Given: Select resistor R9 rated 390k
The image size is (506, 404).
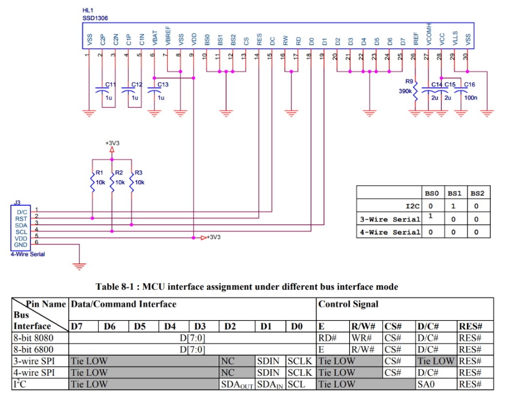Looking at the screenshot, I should (x=415, y=91).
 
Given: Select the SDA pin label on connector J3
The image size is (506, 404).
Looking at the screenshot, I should (x=21, y=224).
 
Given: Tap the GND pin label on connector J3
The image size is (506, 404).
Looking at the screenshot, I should (x=21, y=244).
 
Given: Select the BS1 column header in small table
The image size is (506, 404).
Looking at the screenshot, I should (x=454, y=193).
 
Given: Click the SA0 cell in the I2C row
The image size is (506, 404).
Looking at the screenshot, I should (x=425, y=384).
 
